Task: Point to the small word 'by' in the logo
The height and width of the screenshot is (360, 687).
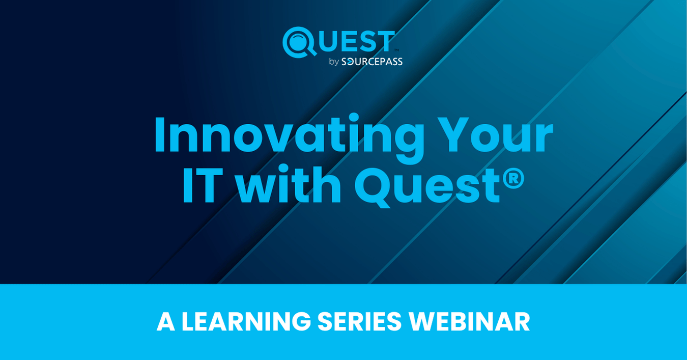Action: click(x=334, y=62)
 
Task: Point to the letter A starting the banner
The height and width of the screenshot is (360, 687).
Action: click(x=165, y=322)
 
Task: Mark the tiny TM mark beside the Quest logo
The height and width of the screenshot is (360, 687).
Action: click(x=396, y=50)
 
